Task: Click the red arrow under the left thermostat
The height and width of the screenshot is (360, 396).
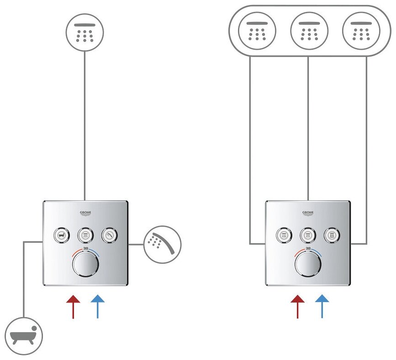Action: coord(73,306)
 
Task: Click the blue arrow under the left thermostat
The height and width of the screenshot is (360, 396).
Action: coord(98,306)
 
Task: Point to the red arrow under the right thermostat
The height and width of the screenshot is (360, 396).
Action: coord(298,306)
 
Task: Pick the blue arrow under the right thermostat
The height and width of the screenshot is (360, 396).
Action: coord(322,306)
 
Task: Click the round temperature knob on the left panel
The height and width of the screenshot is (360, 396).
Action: coord(85,264)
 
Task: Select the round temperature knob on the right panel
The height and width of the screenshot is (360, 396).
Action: coord(308,264)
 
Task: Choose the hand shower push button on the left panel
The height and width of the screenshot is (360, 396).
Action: coord(109,235)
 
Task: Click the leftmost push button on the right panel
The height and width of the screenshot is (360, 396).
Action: coord(284,235)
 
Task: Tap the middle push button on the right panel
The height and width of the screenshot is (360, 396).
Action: coord(308,235)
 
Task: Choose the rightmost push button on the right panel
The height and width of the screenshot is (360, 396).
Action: coord(332,235)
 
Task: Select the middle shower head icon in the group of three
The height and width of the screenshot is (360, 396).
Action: coord(309,31)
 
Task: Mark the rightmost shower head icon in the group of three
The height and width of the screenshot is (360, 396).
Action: coord(361,31)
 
